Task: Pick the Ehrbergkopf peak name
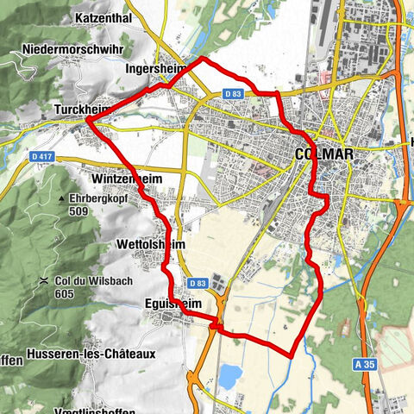[106, 198]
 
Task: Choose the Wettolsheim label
[150, 245]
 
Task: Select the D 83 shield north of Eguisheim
[197, 283]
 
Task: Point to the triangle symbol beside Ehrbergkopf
[62, 198]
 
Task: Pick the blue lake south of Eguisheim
[229, 376]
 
